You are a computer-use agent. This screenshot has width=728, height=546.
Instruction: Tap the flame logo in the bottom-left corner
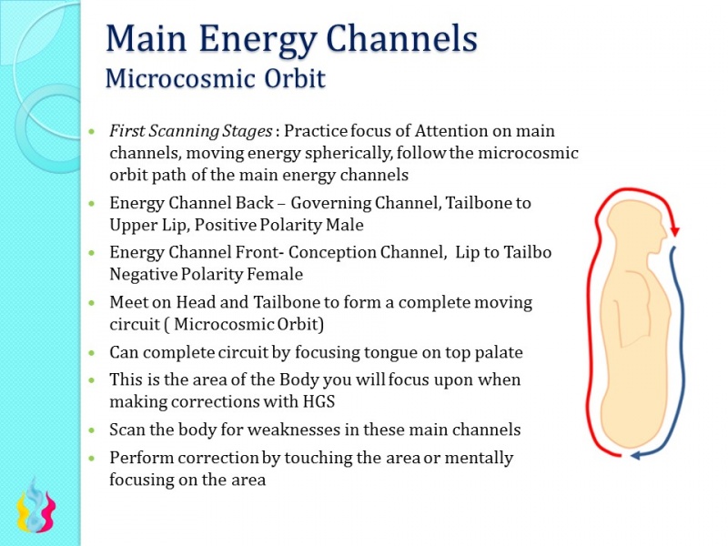[x=36, y=509]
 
